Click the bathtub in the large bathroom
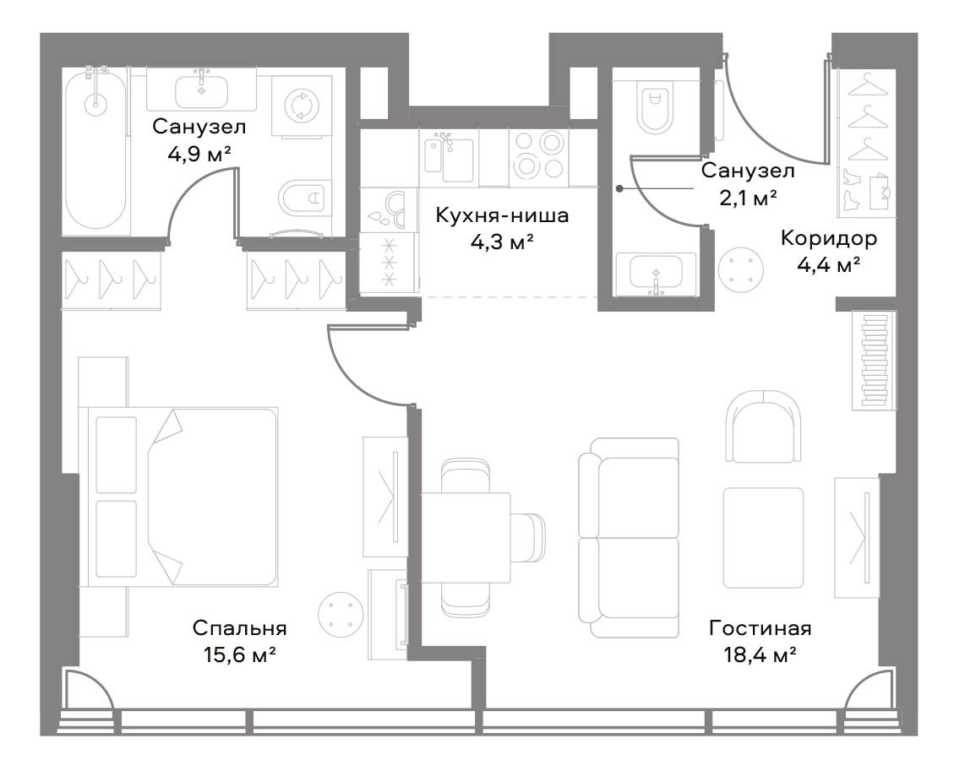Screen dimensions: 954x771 95,152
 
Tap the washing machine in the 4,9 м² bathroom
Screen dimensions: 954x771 301,106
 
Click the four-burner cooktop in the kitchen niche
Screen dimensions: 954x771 538,155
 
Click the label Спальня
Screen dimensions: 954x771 240,627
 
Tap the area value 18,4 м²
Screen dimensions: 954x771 760,654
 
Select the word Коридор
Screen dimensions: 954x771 829,238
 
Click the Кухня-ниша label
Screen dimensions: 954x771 502,215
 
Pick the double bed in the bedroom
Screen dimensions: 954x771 183,497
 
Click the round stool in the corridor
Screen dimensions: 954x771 740,269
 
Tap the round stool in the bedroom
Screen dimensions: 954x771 341,614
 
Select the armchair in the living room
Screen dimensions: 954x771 763,426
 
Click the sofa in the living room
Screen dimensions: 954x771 629,538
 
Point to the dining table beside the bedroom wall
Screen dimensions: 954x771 466,538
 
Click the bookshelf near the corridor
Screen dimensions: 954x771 874,360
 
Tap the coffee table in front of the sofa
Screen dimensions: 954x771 763,538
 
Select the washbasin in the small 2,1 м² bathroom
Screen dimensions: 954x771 655,274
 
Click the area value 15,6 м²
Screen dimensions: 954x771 240,654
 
